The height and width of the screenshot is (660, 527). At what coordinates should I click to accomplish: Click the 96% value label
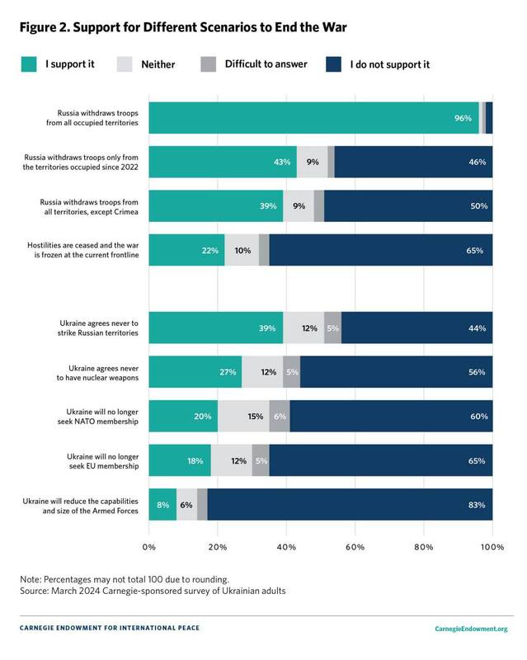[463, 118]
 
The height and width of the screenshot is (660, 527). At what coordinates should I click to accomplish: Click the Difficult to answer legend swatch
[207, 63]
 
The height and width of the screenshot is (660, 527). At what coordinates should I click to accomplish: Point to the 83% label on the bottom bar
[476, 504]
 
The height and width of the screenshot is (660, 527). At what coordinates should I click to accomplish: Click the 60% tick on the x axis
[355, 546]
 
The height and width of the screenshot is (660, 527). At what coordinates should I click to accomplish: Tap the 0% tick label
[149, 546]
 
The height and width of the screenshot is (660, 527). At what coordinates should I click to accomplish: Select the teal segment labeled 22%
[186, 250]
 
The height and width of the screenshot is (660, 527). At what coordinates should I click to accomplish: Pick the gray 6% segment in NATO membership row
[280, 417]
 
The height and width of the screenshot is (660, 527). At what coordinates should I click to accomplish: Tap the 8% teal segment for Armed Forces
[162, 504]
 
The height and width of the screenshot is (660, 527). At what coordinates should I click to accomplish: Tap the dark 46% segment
[412, 162]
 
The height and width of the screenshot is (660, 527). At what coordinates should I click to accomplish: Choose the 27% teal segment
[195, 372]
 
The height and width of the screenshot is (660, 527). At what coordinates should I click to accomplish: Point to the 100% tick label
[492, 546]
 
